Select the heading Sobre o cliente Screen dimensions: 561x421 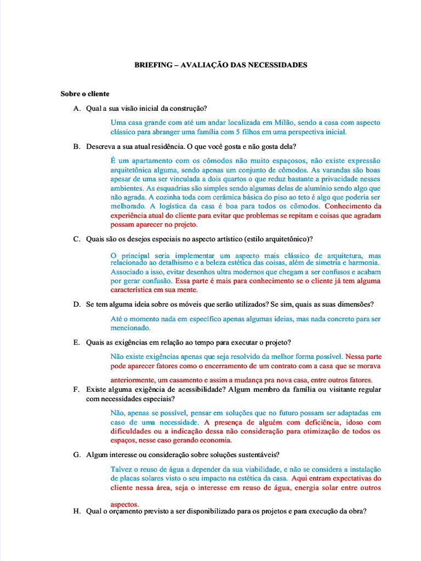(x=85, y=94)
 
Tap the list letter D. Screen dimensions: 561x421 (x=76, y=304)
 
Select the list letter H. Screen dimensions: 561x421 (x=76, y=511)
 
